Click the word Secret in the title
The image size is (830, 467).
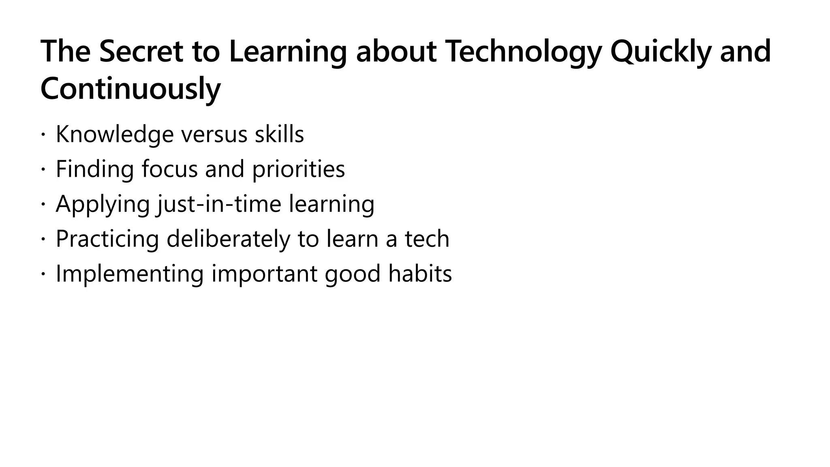point(141,51)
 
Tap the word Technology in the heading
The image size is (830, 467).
point(523,51)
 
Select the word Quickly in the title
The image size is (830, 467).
point(661,51)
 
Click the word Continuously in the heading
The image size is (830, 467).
point(130,89)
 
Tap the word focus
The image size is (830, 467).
point(169,169)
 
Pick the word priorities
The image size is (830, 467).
point(298,169)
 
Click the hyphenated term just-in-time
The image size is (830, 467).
point(219,204)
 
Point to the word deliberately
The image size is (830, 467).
point(228,239)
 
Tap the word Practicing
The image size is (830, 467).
point(107,239)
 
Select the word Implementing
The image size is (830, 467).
point(129,274)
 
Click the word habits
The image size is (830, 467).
point(420,274)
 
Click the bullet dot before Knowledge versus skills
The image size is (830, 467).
point(43,135)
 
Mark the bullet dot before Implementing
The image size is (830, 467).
point(43,274)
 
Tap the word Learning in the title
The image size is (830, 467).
point(287,51)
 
